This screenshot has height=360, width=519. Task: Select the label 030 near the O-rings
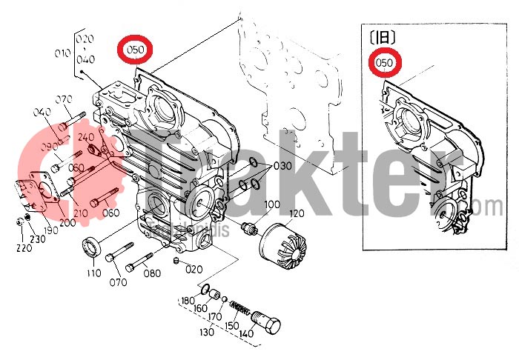pyautogui.click(x=283, y=166)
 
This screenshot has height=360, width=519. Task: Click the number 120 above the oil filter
pyautogui.click(x=297, y=214)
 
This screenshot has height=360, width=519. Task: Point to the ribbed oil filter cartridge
pyautogui.click(x=286, y=244)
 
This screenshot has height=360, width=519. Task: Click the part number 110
pyautogui.click(x=93, y=273)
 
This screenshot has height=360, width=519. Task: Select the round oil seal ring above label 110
pyautogui.click(x=93, y=247)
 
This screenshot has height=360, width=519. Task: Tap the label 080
pyautogui.click(x=152, y=273)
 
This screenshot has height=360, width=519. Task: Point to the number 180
pyautogui.click(x=188, y=300)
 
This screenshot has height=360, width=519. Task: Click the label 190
pyautogui.click(x=50, y=231)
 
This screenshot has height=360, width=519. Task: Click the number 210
pyautogui.click(x=81, y=213)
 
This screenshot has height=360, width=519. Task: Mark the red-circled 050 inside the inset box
pyautogui.click(x=384, y=64)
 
